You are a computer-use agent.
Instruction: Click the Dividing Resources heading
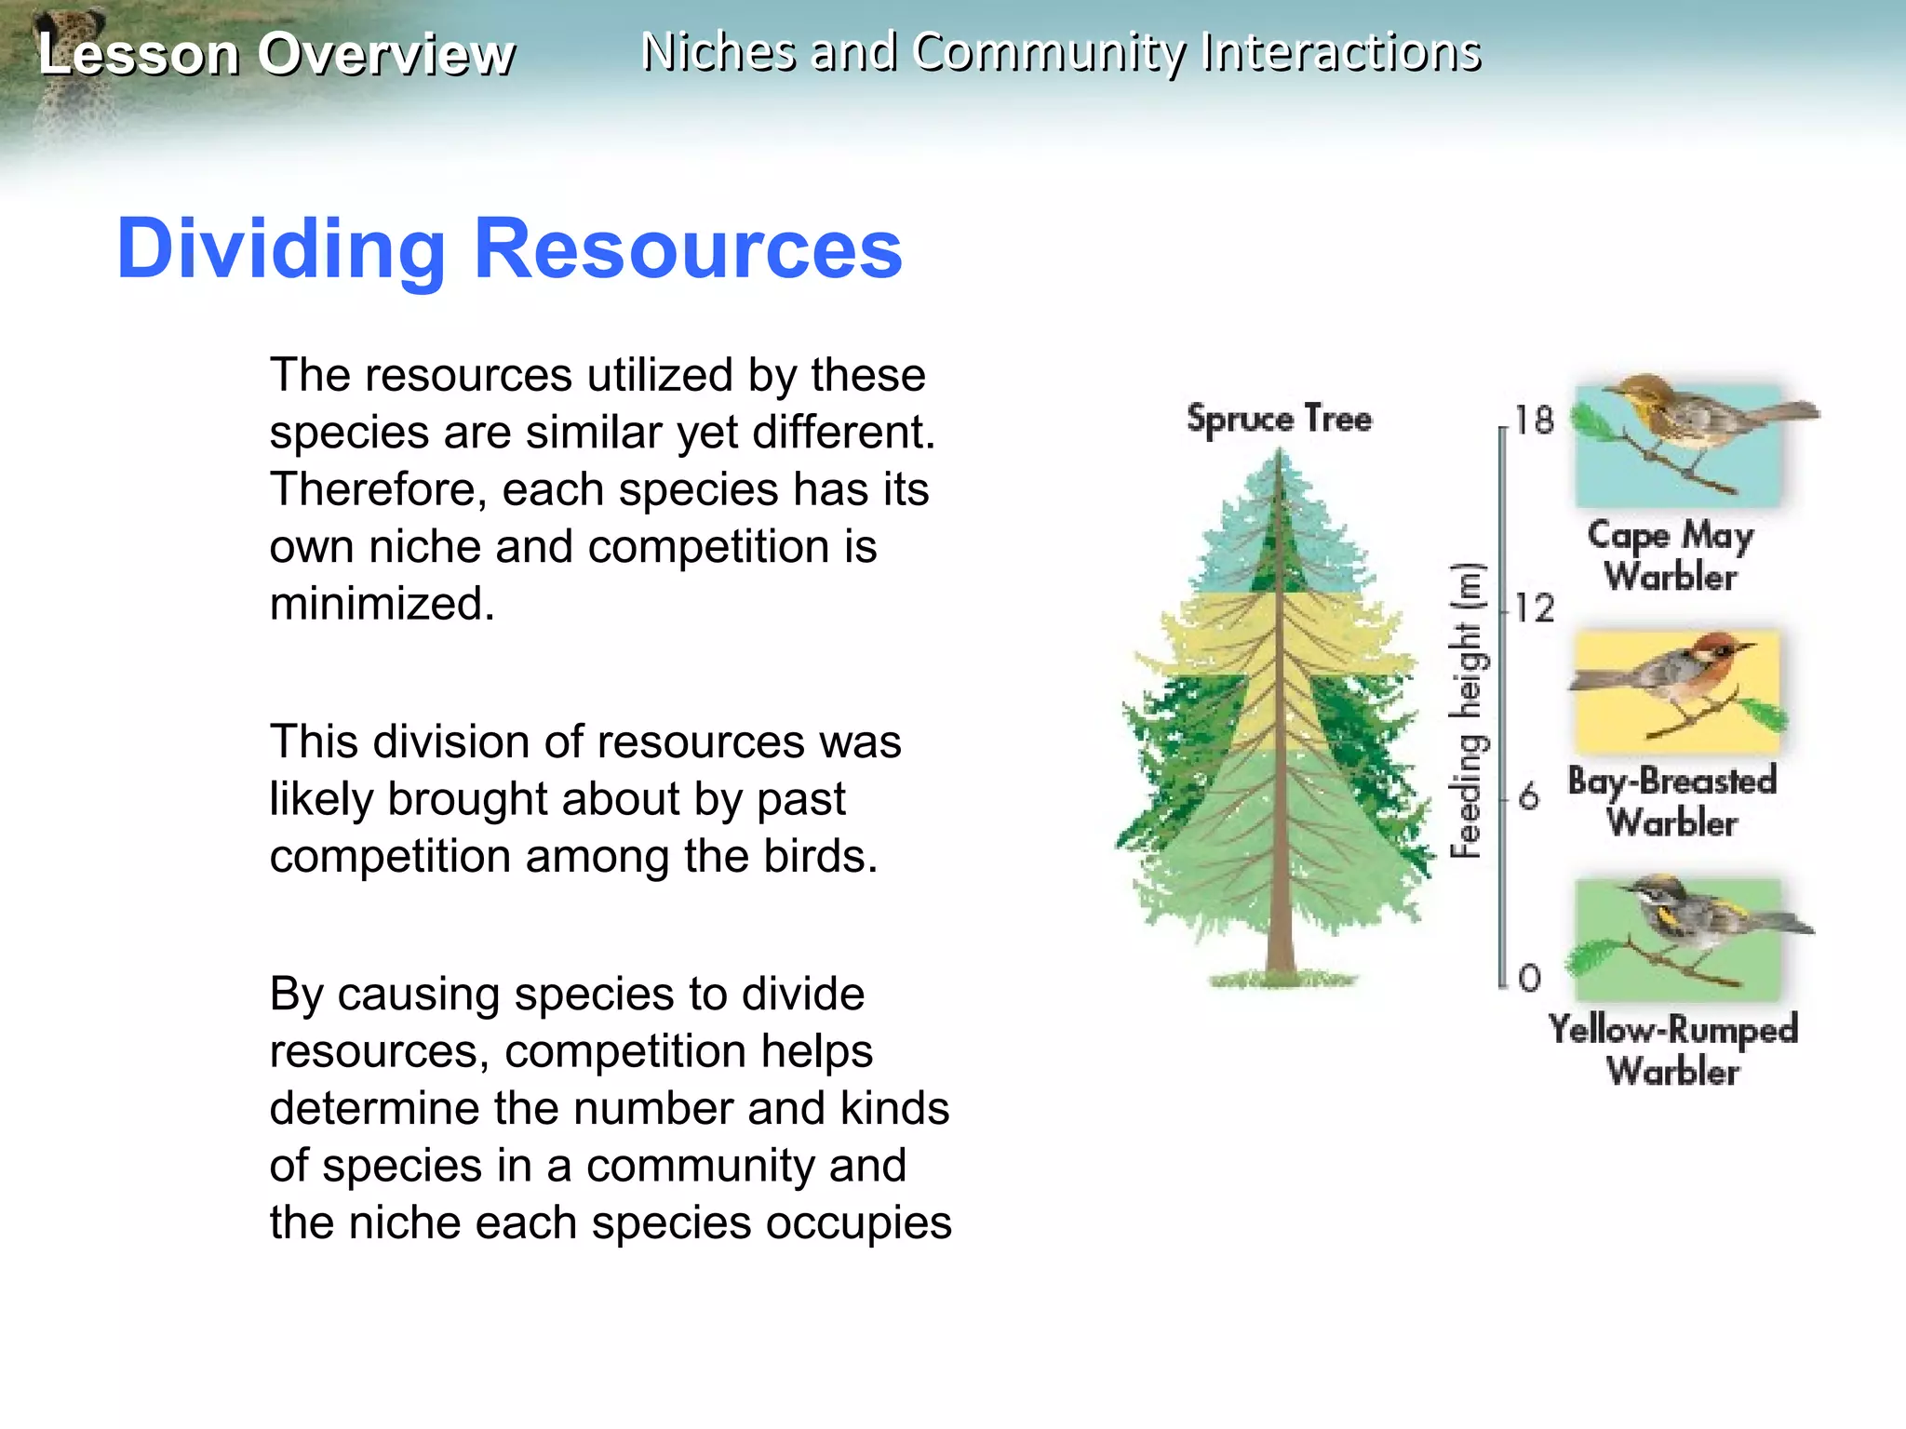[509, 248]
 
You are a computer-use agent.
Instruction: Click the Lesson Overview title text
[275, 54]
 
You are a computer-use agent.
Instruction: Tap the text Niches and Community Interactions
[1061, 52]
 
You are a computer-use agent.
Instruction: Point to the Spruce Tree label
[1279, 419]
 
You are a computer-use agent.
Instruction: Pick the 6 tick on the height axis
[1528, 797]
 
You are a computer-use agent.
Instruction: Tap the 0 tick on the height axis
[1529, 978]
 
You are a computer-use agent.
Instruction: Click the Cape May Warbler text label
[1671, 556]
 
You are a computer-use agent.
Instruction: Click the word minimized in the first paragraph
[382, 604]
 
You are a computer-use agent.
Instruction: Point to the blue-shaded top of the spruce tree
[1280, 540]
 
